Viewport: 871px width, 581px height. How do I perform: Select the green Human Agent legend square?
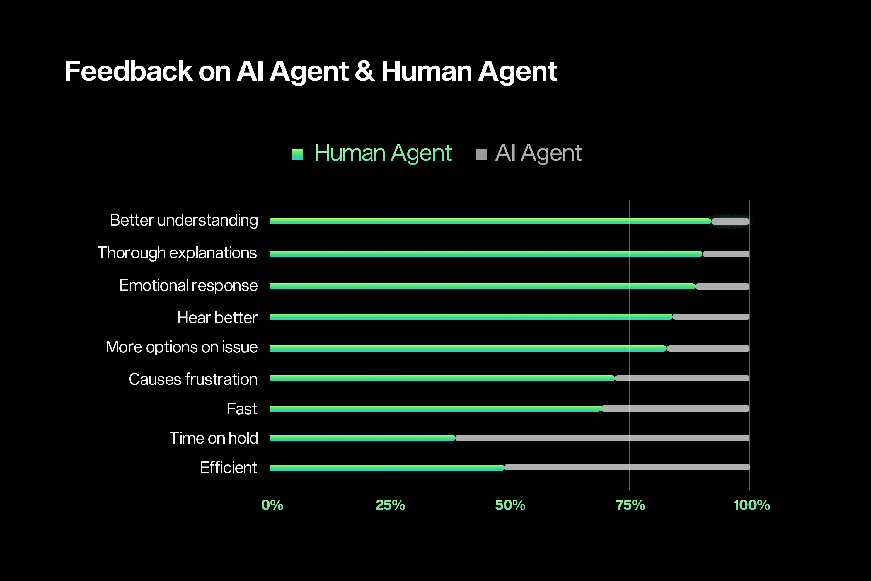[297, 154]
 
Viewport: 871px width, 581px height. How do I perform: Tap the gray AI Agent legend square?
[481, 154]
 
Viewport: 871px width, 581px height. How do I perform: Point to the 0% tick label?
[272, 505]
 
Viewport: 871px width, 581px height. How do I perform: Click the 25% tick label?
[390, 505]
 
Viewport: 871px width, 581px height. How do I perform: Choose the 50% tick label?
[510, 505]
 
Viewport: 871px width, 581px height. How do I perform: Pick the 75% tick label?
[630, 505]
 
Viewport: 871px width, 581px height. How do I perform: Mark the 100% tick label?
[752, 505]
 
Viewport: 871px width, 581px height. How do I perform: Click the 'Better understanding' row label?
[184, 221]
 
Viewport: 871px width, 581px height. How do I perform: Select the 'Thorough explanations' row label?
[177, 253]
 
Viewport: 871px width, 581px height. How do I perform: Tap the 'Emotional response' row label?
[188, 286]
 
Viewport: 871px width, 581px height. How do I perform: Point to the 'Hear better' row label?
[217, 318]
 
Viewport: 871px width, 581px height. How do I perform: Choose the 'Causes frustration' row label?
[193, 379]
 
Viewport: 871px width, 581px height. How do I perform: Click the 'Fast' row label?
[241, 409]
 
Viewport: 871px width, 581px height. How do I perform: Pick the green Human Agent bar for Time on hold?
[362, 438]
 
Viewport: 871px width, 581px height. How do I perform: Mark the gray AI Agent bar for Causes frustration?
[682, 378]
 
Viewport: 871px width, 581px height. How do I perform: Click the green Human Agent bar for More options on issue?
[468, 348]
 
